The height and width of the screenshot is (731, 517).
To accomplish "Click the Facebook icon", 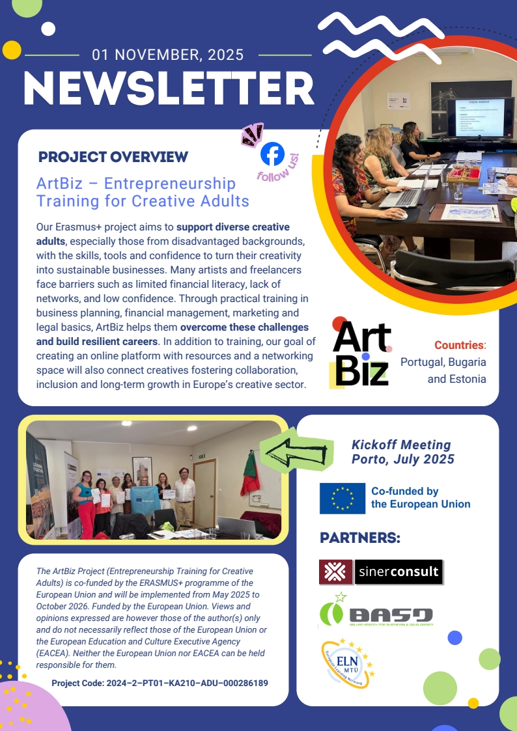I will (x=272, y=154).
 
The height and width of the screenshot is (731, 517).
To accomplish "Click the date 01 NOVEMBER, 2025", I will (x=168, y=55).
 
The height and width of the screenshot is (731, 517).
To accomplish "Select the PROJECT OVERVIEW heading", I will (x=113, y=157).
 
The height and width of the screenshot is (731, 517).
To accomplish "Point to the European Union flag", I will (x=342, y=498).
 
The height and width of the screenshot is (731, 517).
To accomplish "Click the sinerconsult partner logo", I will (x=381, y=572).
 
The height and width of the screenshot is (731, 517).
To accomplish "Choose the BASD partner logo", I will (x=376, y=614).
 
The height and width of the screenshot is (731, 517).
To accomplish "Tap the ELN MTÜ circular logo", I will (x=347, y=663).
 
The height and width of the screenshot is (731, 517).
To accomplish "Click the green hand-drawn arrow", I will (x=296, y=448).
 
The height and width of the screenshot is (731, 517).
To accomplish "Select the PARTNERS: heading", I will (x=359, y=538).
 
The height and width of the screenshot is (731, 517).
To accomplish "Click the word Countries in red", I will (x=459, y=345).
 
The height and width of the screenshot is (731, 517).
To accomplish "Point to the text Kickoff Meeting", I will (x=401, y=445).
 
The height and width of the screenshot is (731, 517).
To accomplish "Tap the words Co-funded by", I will (x=404, y=491).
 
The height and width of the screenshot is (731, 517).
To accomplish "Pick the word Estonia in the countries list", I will (x=466, y=378).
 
